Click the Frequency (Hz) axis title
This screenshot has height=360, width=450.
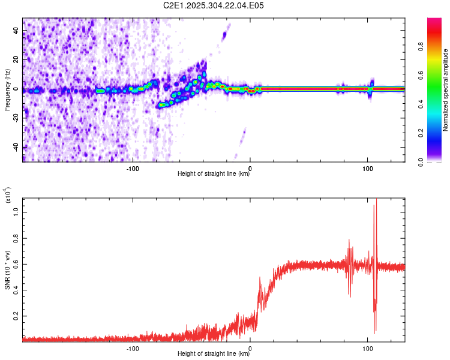[7, 89]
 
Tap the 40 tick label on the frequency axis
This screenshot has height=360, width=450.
[16, 31]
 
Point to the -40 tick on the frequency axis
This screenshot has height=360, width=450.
[15, 147]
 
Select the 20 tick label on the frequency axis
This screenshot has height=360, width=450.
[16, 60]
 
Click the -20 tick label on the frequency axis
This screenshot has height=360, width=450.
[15, 118]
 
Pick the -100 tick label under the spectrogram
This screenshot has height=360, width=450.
[133, 169]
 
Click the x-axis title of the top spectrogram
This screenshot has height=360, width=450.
[214, 174]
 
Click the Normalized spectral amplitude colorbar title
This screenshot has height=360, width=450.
[446, 90]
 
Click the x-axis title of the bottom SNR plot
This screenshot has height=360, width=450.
[214, 354]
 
